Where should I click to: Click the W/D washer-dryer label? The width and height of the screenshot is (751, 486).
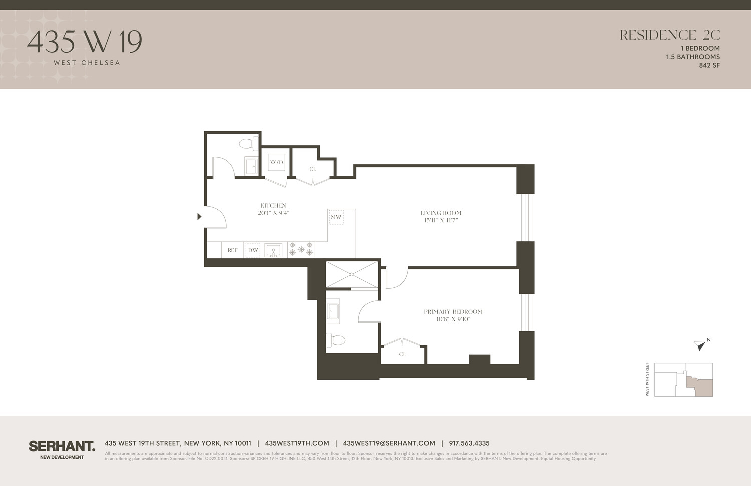point(276,162)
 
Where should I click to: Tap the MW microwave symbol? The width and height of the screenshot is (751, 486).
point(336,217)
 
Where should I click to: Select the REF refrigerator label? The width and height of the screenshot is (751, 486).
point(233,250)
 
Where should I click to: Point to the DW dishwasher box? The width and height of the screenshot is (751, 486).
point(253,250)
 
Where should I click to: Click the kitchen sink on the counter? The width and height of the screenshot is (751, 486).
point(273,250)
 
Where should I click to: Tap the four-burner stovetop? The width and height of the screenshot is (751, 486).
point(301,249)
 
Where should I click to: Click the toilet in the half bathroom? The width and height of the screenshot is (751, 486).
point(248,144)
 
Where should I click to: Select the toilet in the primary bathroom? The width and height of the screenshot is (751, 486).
point(337,341)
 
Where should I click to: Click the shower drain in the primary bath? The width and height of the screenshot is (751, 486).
point(352,274)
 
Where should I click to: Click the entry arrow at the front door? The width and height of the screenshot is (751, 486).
point(199,217)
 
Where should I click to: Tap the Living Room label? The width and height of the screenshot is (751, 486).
point(441,213)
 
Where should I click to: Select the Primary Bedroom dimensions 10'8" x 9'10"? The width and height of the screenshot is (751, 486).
point(453,319)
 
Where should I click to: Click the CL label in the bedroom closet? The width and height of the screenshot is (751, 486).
point(403,354)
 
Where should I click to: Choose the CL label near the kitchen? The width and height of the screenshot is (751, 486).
point(313,169)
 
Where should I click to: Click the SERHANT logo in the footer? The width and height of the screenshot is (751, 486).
point(62,446)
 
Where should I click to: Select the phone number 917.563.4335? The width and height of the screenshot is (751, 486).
point(469,443)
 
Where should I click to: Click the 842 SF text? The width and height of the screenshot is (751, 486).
point(709,65)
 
